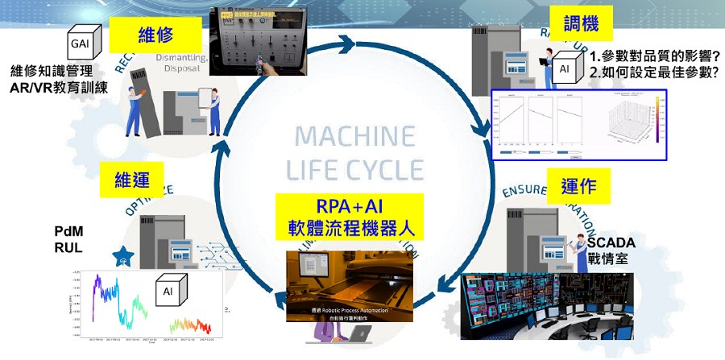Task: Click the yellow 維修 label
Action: [157, 35]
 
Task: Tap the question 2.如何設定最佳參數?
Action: [653, 72]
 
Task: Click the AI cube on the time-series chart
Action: [172, 291]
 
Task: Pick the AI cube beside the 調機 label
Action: [568, 68]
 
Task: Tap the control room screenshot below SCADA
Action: [546, 306]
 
